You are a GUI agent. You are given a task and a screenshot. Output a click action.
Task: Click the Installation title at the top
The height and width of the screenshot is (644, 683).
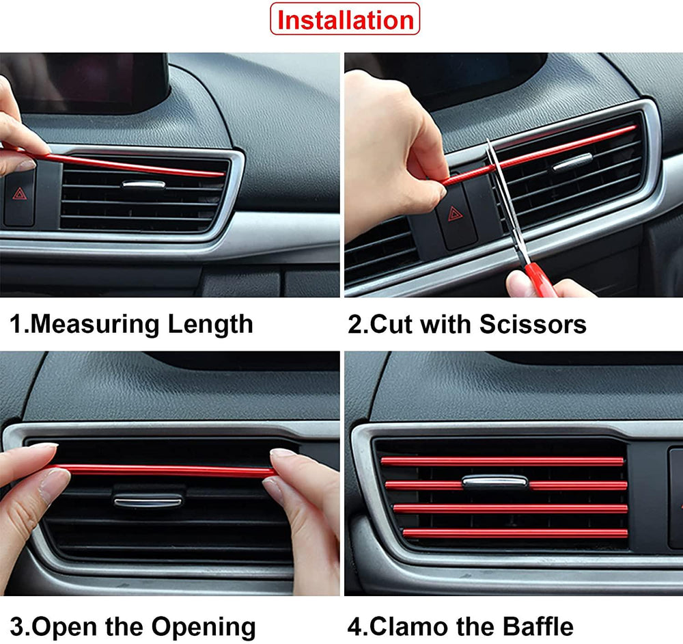(x=345, y=20)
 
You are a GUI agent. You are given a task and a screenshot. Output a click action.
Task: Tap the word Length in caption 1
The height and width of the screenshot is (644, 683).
(x=211, y=323)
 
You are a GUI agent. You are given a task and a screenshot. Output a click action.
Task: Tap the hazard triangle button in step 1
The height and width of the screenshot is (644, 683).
(x=18, y=194)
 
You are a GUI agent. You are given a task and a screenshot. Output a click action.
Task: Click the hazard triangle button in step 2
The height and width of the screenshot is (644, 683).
(x=455, y=214)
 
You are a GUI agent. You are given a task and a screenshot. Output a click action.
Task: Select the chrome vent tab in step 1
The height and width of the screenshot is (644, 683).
(x=143, y=185)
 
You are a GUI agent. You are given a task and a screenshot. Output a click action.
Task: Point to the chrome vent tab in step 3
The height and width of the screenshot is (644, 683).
(x=148, y=501)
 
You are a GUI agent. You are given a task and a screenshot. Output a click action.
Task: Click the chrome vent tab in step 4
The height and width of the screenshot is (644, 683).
(x=494, y=482)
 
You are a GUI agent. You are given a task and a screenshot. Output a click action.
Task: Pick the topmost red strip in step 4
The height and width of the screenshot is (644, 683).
(x=502, y=461)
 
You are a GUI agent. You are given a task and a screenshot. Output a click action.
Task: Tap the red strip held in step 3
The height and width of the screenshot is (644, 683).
(x=164, y=471)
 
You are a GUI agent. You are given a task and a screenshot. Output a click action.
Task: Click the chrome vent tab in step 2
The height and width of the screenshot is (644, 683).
(x=572, y=162)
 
